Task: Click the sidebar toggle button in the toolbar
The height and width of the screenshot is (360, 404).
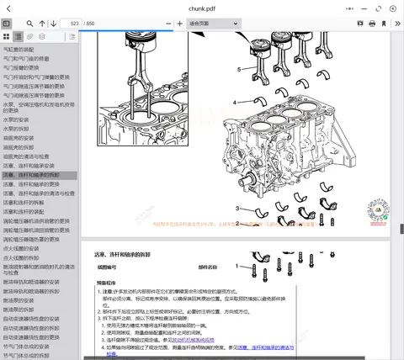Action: [x=8, y=24]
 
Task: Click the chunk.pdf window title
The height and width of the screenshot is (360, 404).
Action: [x=201, y=8]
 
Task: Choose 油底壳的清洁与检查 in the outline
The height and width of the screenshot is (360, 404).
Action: [x=29, y=156]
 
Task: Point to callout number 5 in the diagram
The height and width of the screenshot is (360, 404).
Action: [x=239, y=68]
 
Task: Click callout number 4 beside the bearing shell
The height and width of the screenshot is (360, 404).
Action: [x=235, y=102]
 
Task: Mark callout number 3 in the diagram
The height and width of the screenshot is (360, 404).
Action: [x=238, y=209]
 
